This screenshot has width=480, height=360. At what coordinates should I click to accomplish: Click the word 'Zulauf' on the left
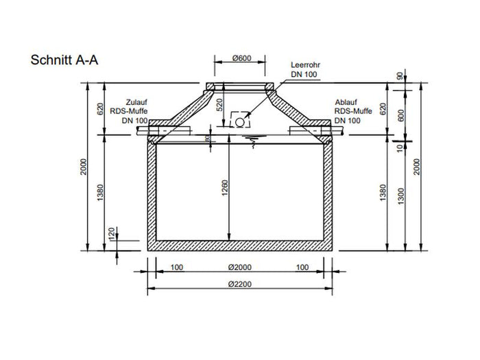point(136,100)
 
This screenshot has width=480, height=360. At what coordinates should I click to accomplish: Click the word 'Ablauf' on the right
point(345,100)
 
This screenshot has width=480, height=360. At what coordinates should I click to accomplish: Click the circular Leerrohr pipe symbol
point(240,121)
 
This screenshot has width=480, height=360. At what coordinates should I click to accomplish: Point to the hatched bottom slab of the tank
point(240,245)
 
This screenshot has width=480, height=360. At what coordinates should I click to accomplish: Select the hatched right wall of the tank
point(328,192)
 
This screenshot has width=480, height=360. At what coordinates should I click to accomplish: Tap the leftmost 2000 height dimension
point(82,168)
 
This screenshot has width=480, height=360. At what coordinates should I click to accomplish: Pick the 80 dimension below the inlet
point(208,140)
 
